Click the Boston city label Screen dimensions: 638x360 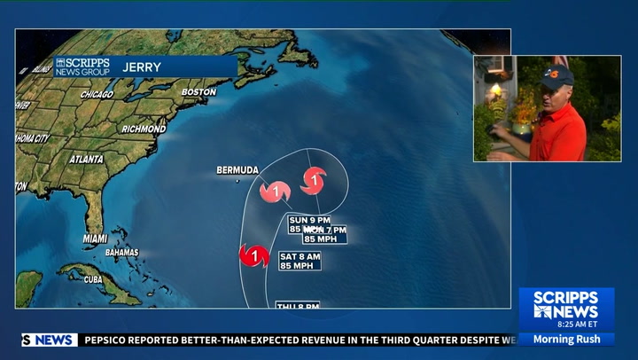(x=198, y=92)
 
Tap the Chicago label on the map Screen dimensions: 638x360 (x=97, y=95)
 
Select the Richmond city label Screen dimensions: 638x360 (x=143, y=129)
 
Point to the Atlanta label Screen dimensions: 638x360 (x=88, y=160)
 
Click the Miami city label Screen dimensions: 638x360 (x=95, y=239)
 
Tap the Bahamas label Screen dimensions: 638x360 (x=121, y=252)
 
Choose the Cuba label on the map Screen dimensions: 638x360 (x=93, y=279)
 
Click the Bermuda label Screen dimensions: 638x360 (x=237, y=170)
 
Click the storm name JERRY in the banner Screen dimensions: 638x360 (x=142, y=67)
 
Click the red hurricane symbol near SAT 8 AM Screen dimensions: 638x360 (x=254, y=257)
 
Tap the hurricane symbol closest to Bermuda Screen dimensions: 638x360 (x=276, y=191)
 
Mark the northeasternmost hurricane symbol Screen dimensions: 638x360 (x=313, y=181)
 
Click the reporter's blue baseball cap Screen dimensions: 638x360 (x=557, y=74)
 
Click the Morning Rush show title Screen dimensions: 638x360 (x=566, y=339)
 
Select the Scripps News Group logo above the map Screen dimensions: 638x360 (x=82, y=67)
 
